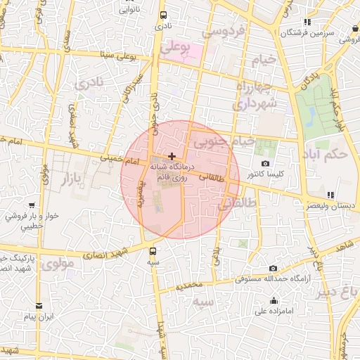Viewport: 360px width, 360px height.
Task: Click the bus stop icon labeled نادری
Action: [163, 15]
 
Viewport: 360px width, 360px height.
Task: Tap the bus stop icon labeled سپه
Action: [153, 250]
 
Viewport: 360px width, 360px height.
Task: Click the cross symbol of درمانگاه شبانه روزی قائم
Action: [172, 155]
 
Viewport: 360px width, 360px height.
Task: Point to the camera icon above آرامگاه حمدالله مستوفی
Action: [273, 269]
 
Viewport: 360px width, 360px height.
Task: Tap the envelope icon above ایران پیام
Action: [38, 307]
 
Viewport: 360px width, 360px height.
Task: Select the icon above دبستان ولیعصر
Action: [330, 195]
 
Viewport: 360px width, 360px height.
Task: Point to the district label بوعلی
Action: [176, 48]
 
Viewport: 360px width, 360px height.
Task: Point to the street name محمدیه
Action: [189, 287]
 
